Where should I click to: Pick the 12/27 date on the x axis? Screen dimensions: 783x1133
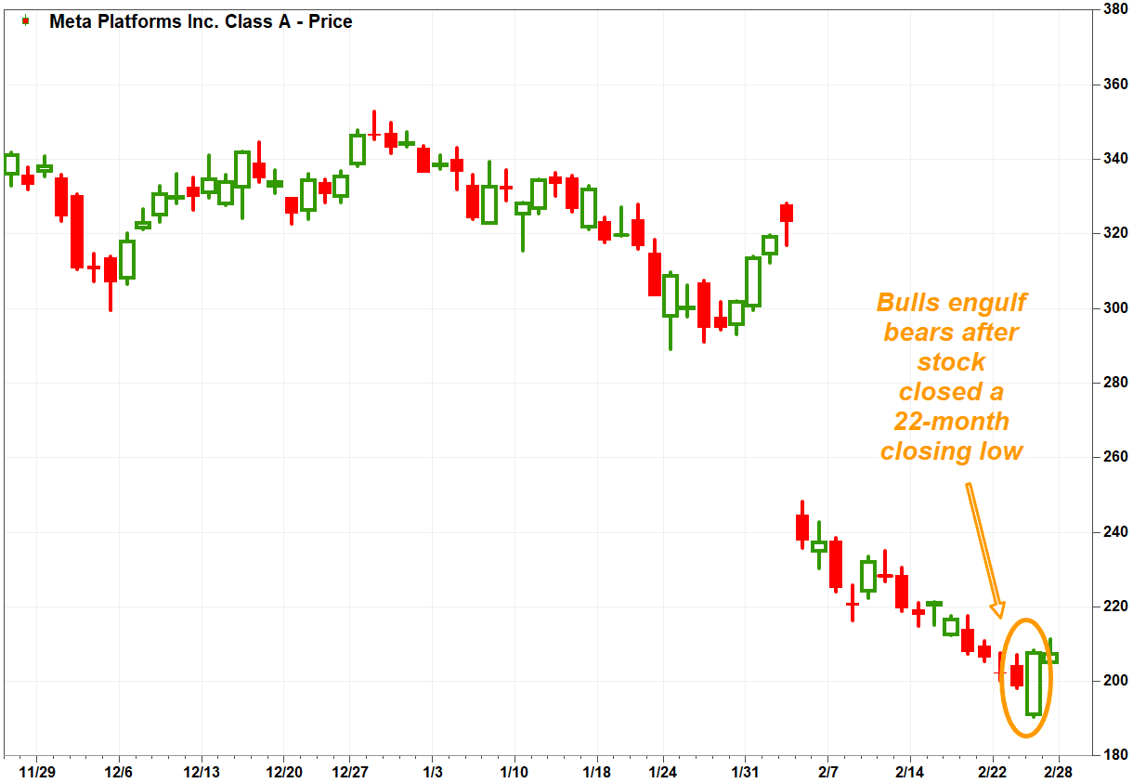coord(348,772)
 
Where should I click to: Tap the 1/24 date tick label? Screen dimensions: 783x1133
coord(662,772)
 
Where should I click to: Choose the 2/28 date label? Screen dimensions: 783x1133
coord(1057,772)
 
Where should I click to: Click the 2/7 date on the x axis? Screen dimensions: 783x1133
coord(828,772)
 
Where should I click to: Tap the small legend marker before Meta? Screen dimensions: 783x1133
coord(25,20)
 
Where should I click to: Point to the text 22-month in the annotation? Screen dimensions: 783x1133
coord(952,421)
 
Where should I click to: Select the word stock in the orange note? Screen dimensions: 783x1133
coord(952,361)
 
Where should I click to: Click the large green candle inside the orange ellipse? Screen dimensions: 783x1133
coord(1034,684)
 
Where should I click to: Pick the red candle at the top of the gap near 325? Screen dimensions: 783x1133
coord(787,213)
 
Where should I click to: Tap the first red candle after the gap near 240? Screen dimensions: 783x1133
coord(802,527)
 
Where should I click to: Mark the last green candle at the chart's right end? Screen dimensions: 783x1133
coord(1051,658)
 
